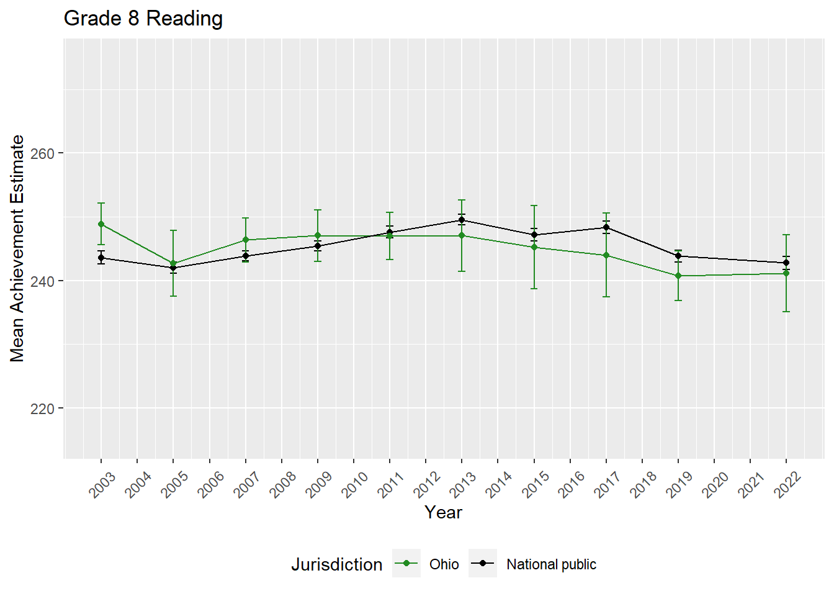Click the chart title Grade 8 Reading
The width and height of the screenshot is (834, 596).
coord(143,19)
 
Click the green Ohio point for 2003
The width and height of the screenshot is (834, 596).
coord(101,224)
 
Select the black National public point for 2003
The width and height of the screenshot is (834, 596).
coord(101,258)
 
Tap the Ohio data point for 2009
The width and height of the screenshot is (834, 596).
coord(318,235)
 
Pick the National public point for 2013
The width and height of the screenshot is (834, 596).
coord(462,220)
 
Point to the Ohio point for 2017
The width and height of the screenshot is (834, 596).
coord(606,255)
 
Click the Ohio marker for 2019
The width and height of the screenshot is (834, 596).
coord(678,276)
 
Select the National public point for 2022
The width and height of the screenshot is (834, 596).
coord(786,263)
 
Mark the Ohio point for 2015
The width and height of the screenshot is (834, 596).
coord(534,247)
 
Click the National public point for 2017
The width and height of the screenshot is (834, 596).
coord(606,227)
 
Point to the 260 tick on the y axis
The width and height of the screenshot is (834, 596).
coord(42,153)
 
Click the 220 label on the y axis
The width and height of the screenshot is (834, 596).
coord(42,409)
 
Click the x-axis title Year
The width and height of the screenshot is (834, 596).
coord(443,512)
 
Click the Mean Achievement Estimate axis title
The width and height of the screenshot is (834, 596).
coord(17,248)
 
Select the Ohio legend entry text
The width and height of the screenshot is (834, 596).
coord(444,564)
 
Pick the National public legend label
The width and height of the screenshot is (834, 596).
coord(551,564)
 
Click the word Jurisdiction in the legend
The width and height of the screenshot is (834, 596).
coord(337,564)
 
